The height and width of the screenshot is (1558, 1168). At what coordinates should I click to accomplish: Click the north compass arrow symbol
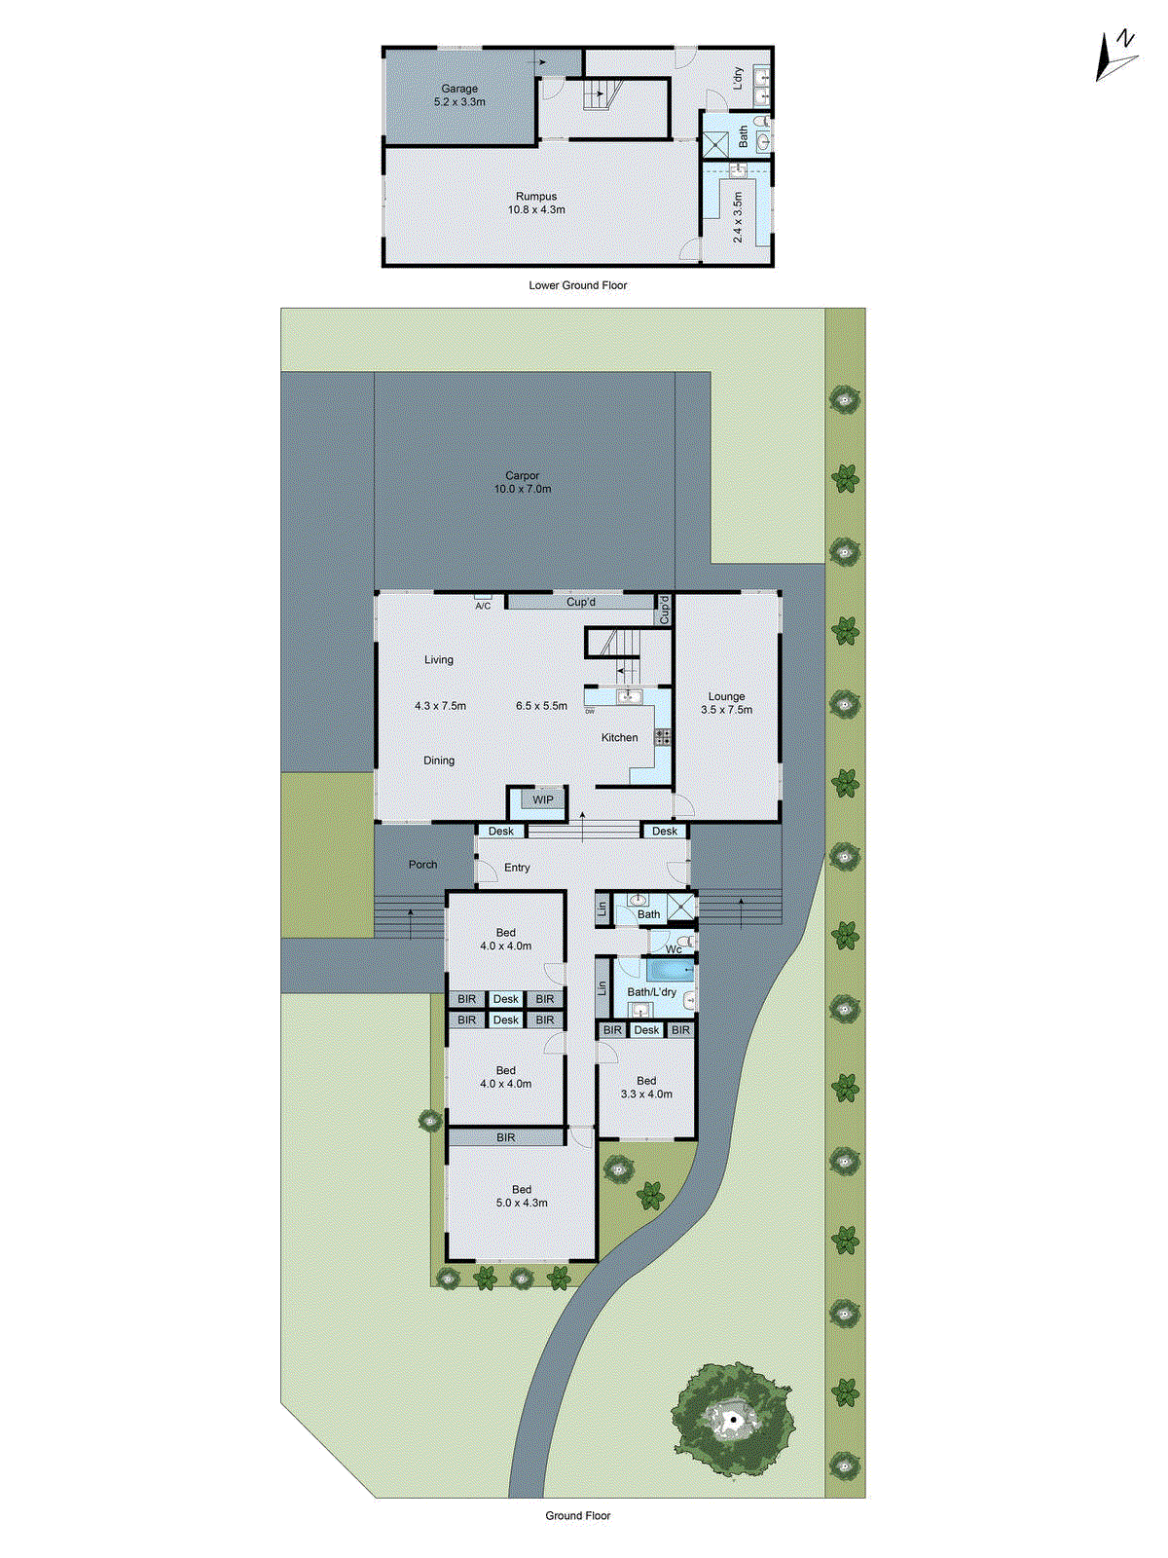click(x=1115, y=56)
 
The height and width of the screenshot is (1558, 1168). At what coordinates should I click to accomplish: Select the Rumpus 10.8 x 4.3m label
click(x=536, y=203)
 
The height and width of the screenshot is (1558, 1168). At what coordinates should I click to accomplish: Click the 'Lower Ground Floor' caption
click(x=577, y=285)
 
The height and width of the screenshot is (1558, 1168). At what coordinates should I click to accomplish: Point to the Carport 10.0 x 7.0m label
click(x=523, y=482)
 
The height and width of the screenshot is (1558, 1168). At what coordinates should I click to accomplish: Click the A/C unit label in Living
click(x=483, y=606)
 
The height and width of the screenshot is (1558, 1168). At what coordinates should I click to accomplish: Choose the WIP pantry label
click(x=543, y=800)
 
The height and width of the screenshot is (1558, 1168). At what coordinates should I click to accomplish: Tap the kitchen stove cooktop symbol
click(x=662, y=737)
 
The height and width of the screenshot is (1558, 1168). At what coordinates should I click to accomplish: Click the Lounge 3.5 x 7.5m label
click(x=726, y=703)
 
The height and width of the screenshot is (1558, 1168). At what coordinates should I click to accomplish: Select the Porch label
click(x=422, y=865)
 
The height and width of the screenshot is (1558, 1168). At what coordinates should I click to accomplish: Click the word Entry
click(x=517, y=868)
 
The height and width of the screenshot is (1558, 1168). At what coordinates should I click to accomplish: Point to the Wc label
click(x=674, y=949)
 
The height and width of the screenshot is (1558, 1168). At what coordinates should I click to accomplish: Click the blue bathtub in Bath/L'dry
click(x=670, y=971)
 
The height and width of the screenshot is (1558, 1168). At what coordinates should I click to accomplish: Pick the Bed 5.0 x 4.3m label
click(x=522, y=1196)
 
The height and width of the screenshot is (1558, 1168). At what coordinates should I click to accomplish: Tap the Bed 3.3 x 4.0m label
click(x=646, y=1087)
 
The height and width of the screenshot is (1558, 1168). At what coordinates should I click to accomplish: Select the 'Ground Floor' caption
click(x=577, y=1515)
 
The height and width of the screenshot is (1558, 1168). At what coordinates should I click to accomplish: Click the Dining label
click(x=439, y=760)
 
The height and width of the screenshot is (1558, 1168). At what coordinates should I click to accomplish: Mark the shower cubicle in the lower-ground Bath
click(x=715, y=144)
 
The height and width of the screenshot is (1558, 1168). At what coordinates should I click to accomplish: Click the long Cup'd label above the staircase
click(x=581, y=603)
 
